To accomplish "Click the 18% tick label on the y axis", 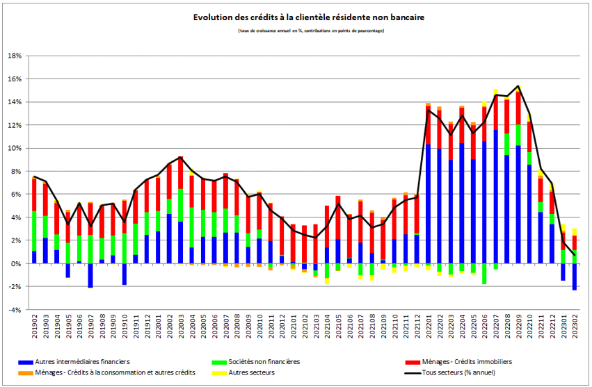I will (15, 56).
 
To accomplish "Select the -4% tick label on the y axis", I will (15, 310).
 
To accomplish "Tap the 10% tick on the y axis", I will (15, 148).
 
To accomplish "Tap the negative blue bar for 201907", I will (90, 275).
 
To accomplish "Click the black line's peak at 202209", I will (518, 86).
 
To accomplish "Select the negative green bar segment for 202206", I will (484, 274).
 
